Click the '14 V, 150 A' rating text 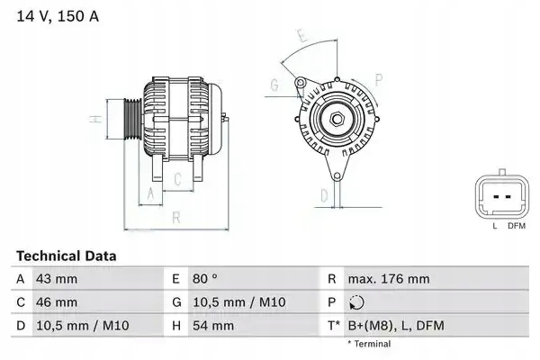click(52, 15)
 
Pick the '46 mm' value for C click(55, 302)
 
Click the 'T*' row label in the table click(333, 325)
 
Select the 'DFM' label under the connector click(516, 226)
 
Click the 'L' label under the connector click(494, 226)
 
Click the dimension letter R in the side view click(177, 217)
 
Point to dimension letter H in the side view click(94, 119)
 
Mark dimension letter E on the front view click(303, 37)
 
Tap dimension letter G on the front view click(274, 86)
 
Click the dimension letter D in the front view click(325, 193)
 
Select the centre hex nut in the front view click(334, 120)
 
